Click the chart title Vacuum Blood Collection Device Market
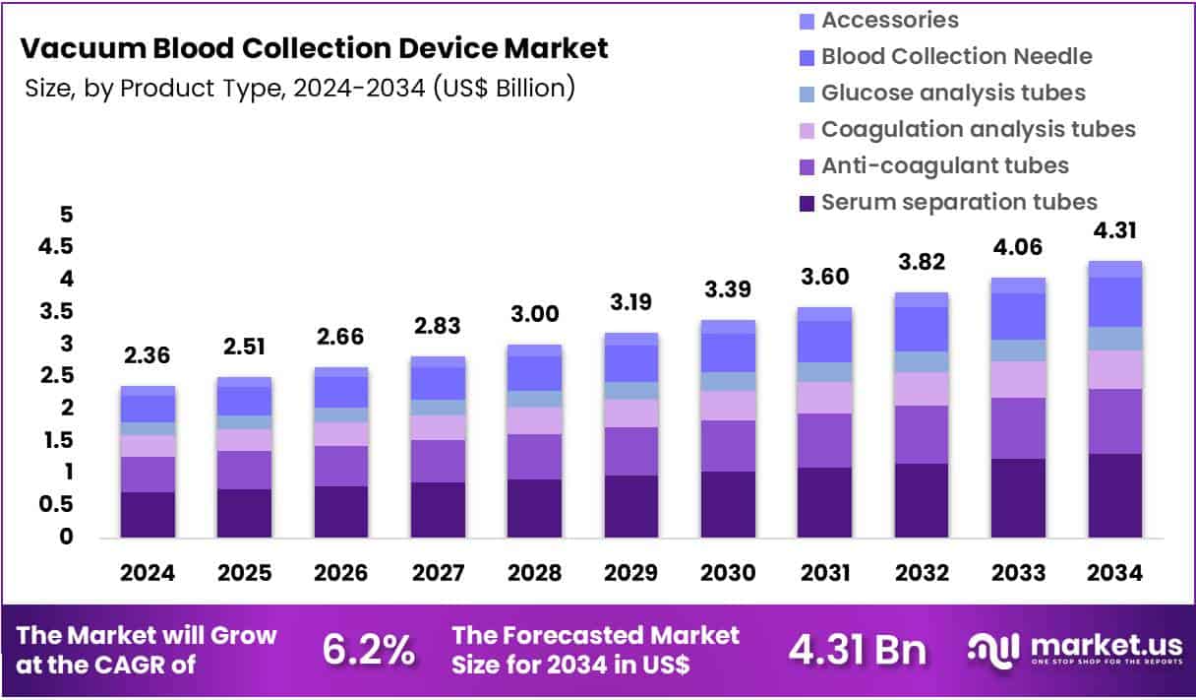coord(314,47)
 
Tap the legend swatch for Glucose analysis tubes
coord(807,94)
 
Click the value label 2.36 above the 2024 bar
coord(148,353)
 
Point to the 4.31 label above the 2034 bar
coord(1114,230)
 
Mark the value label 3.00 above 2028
coord(534,314)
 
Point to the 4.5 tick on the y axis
coord(55,247)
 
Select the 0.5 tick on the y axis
coord(55,505)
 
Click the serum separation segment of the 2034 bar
coord(1114,495)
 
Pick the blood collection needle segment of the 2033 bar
coord(1018,316)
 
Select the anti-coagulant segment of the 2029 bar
coord(631,451)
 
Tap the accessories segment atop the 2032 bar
coord(921,299)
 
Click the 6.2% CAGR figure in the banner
coord(368,650)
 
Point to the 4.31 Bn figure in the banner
coord(857,650)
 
